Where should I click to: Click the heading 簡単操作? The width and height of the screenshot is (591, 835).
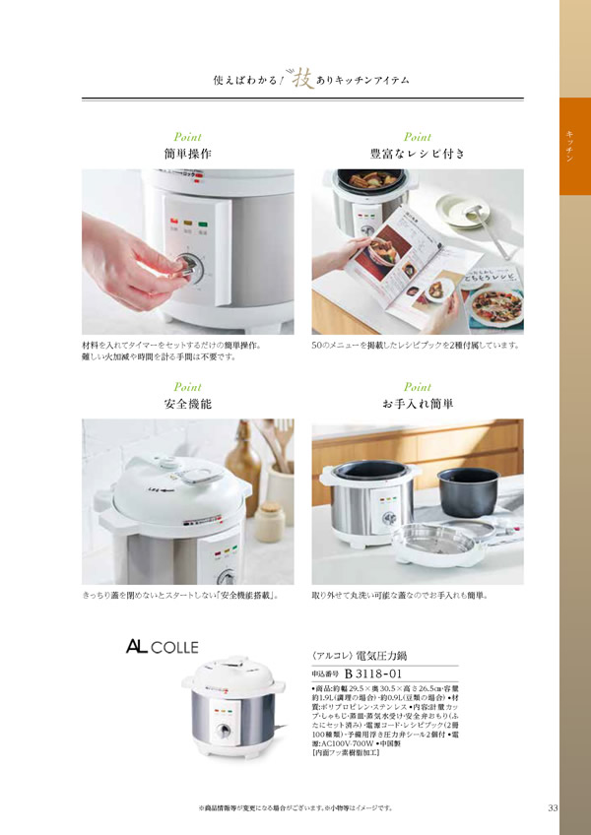pos(187,155)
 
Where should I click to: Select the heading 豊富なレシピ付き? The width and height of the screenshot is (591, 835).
pos(417,155)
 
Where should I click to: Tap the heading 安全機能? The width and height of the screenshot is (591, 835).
pos(187,404)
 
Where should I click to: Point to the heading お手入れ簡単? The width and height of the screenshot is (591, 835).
pos(417,404)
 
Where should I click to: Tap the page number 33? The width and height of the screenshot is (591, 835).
pos(553,808)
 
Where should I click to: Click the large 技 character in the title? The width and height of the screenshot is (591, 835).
pos(302,77)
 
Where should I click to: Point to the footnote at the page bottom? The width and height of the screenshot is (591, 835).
pos(295,808)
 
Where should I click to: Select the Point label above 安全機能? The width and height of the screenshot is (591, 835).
pos(187,387)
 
